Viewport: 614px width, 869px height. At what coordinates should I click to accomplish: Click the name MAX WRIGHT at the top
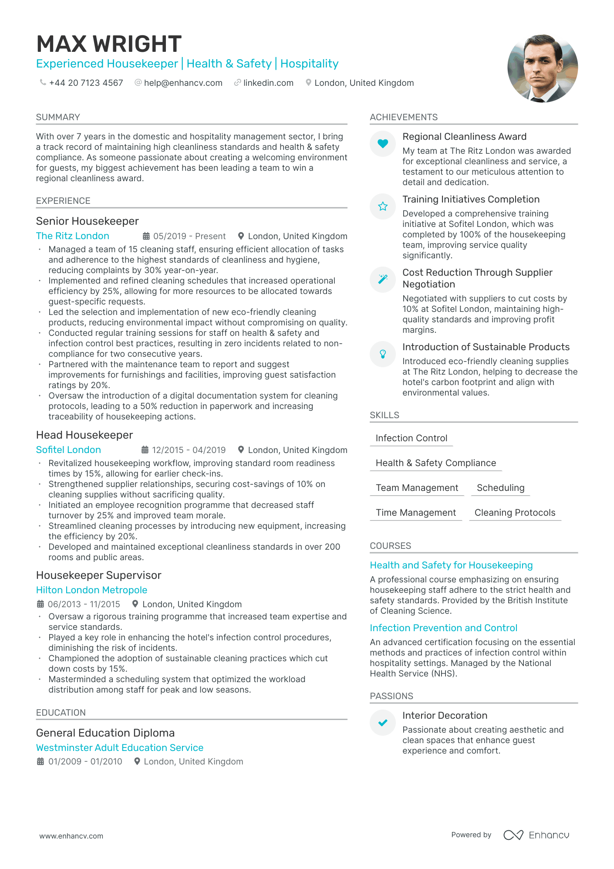point(109,44)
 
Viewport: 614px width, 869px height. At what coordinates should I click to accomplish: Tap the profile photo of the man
point(543,68)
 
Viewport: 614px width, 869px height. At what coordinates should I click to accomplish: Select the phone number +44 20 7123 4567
point(86,83)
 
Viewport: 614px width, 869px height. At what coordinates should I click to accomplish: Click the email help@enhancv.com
point(183,83)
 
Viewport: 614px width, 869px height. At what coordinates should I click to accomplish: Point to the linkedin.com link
point(268,83)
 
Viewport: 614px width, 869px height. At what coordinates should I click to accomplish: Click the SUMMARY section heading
point(58,117)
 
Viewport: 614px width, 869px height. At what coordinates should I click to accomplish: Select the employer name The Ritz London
point(73,236)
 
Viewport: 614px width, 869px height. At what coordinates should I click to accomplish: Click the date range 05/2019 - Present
point(189,236)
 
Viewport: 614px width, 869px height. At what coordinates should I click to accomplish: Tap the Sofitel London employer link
point(68,450)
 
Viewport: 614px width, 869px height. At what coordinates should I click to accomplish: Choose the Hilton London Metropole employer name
point(91,590)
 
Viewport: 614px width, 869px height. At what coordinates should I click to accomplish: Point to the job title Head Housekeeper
point(84,435)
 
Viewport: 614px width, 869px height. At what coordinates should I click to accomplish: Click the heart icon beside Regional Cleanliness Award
point(383,143)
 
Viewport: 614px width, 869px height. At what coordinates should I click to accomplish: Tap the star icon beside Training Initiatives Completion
point(383,206)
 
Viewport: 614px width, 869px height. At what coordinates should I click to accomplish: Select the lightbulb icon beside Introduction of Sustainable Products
point(383,354)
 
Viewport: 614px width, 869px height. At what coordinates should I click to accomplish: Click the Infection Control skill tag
point(412,438)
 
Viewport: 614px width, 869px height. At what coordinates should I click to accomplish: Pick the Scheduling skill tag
point(500,488)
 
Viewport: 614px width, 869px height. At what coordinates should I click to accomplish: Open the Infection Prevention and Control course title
point(443,628)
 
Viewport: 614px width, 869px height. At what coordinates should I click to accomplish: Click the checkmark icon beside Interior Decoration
point(383,723)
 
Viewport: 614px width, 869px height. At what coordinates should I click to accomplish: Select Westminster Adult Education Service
point(120,748)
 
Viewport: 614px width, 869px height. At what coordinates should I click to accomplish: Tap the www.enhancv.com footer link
point(71,836)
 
